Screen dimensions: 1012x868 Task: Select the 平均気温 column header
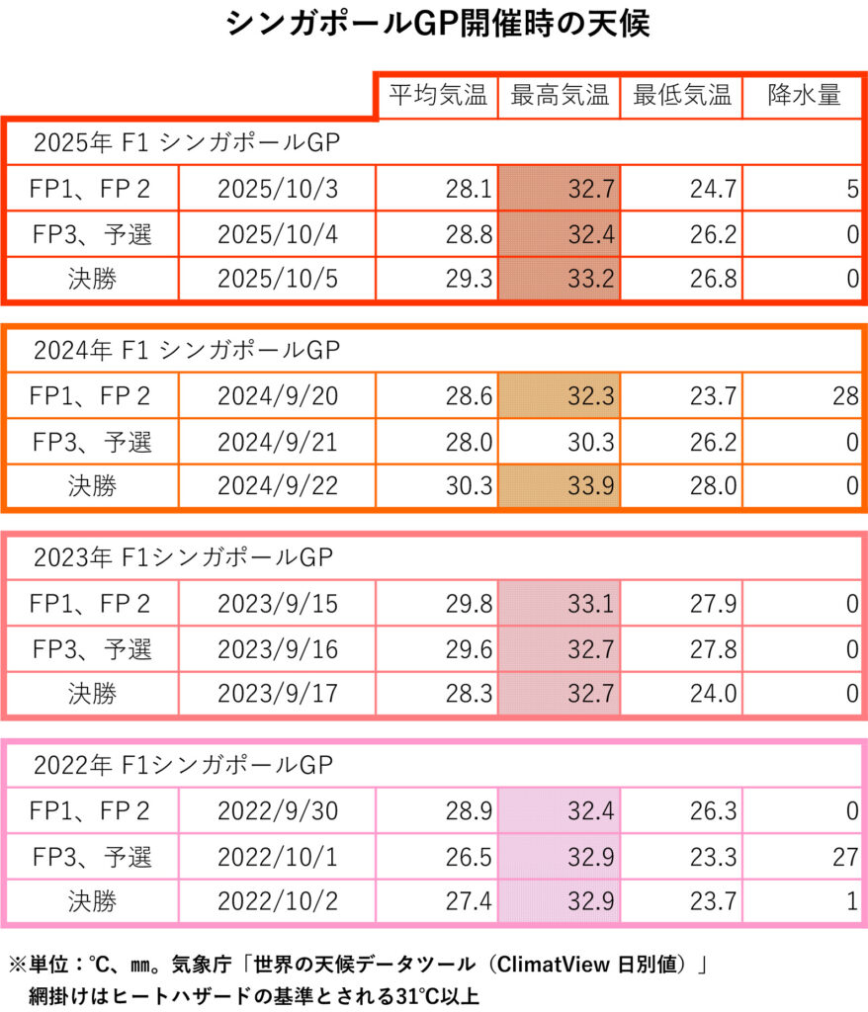437,96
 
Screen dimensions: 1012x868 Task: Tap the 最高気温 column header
560,96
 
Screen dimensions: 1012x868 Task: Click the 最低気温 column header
682,96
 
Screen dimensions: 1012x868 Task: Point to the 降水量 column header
803,96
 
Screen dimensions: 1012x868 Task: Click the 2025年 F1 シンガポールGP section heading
186,142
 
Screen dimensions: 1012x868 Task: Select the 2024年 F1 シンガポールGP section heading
186,350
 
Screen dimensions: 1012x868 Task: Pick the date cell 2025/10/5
278,279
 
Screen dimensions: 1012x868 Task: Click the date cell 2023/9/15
278,603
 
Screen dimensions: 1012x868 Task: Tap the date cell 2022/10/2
278,901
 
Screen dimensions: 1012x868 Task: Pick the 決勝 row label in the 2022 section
92,901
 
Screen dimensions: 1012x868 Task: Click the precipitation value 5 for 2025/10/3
851,189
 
